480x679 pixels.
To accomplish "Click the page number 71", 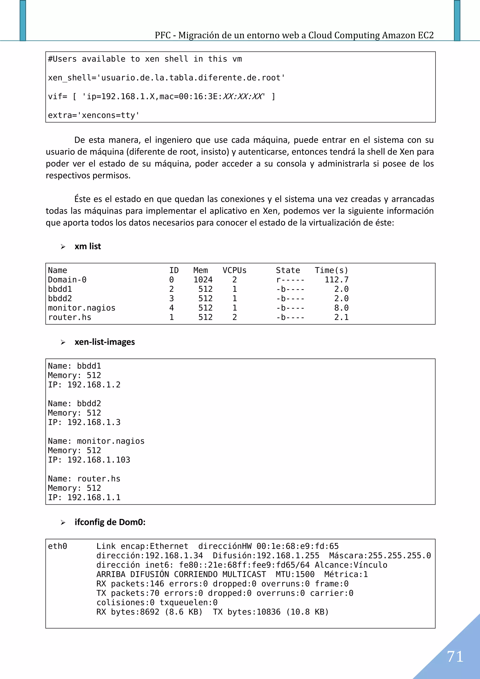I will point(455,656).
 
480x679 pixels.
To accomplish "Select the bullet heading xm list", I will point(88,246).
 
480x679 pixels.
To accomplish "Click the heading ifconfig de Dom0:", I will point(110,522).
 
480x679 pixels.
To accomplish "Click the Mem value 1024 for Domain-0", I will point(203,280).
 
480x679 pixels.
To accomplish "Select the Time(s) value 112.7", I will point(337,280).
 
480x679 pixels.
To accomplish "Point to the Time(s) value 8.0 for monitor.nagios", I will point(341,308).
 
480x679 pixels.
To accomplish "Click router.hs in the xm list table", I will point(70,317).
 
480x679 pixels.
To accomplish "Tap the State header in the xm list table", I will point(288,270).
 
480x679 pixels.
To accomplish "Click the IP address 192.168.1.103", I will point(99,460).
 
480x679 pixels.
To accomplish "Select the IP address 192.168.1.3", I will point(94,422).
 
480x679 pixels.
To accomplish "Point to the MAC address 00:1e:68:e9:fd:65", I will point(297,546).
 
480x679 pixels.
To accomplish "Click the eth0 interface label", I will point(58,546).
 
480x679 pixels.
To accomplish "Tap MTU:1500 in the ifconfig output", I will point(295,574).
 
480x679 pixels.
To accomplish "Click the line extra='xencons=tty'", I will point(94,115).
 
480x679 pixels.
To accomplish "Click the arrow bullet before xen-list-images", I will point(63,342).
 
